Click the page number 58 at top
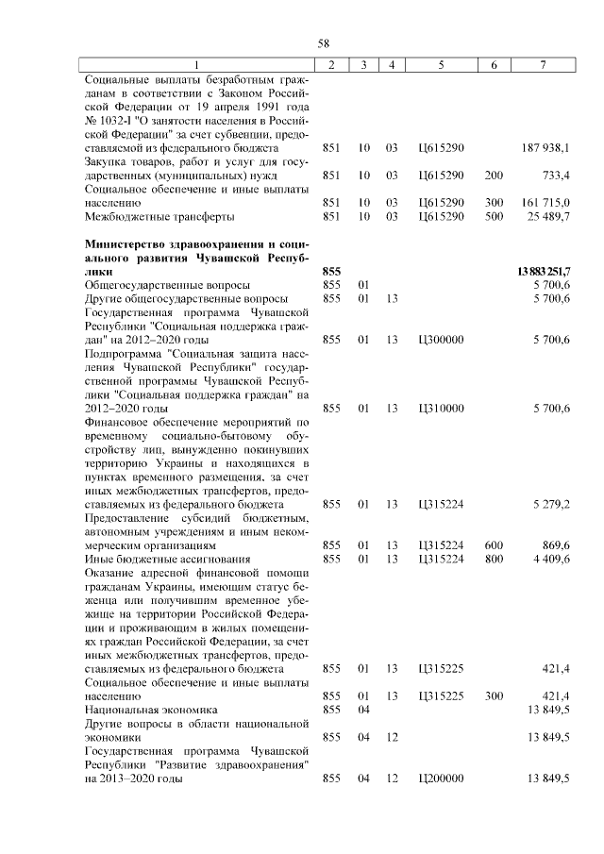click(323, 43)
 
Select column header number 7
click(542, 64)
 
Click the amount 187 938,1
click(545, 148)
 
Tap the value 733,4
click(554, 176)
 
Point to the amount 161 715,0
click(545, 203)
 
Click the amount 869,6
click(554, 544)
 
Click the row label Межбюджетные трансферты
click(159, 217)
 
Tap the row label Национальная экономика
click(151, 709)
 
